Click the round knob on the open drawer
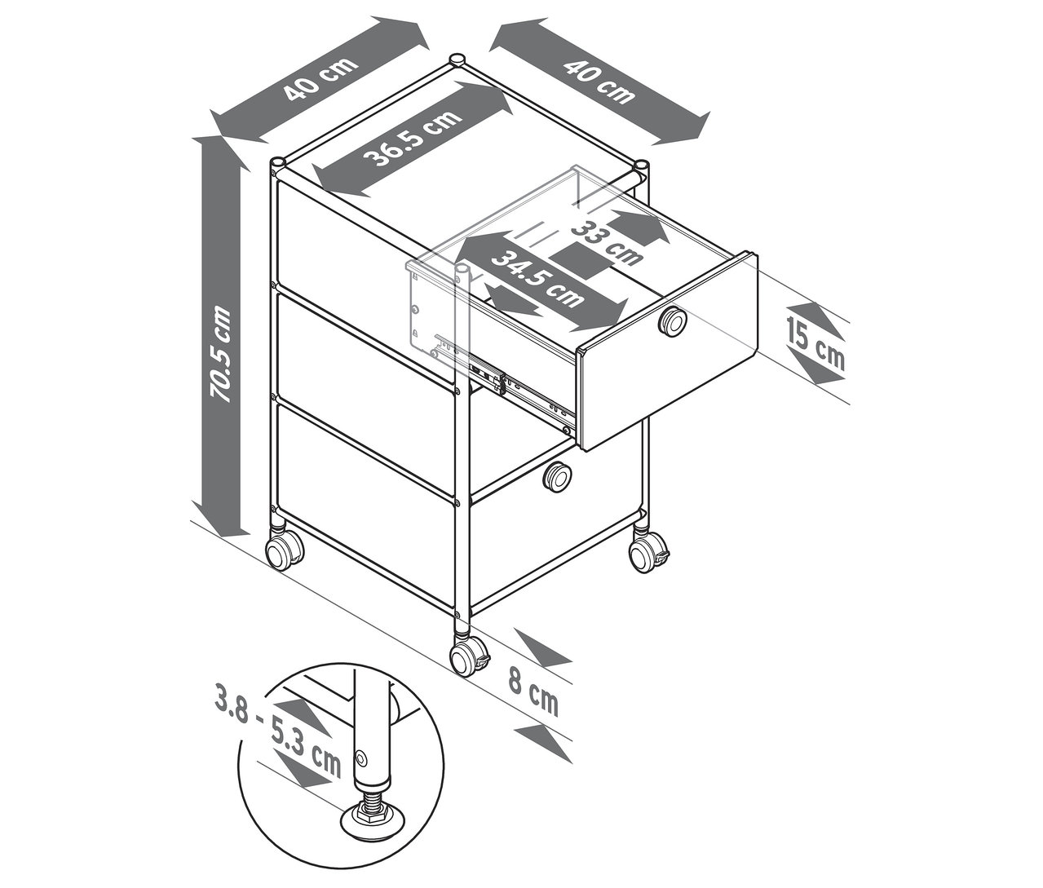673,321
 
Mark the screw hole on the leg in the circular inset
360,758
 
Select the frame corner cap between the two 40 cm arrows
457,60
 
